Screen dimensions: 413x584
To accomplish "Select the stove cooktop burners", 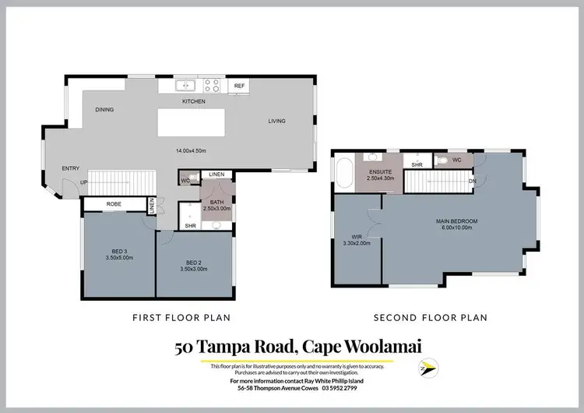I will coord(212,86).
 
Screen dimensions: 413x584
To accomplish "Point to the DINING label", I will coord(104,110).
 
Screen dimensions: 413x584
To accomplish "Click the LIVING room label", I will coord(277,121).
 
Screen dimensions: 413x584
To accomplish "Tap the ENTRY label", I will coord(71,168).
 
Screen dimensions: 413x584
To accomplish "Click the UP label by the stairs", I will coord(83,183).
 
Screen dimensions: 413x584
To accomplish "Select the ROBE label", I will coord(114,204).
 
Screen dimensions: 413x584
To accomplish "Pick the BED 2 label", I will coord(195,263).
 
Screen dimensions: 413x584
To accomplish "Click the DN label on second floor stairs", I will coord(473,182).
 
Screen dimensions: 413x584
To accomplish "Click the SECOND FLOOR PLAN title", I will coord(430,318).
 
